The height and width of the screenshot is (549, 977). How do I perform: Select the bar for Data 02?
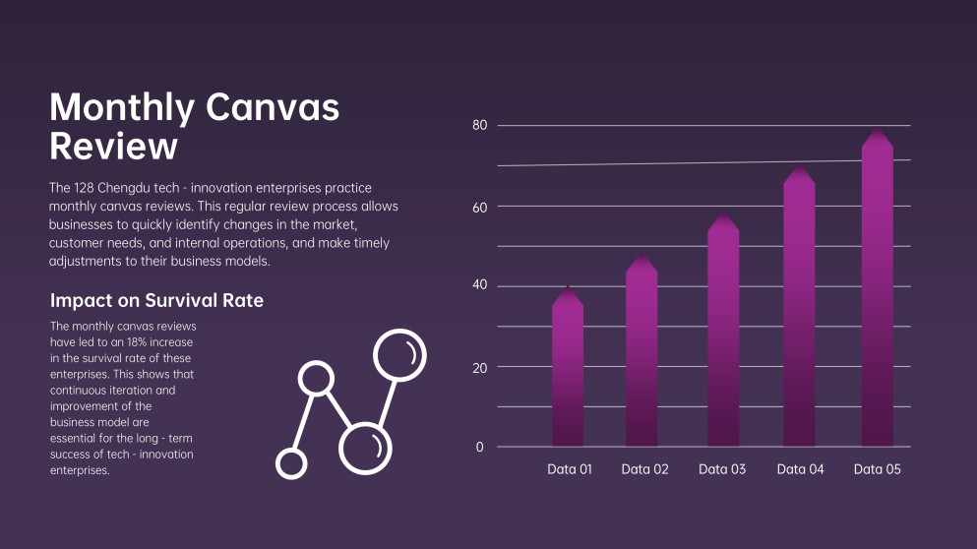click(641, 354)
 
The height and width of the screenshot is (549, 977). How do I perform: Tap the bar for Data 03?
click(723, 335)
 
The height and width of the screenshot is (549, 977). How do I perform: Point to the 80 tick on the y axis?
click(479, 125)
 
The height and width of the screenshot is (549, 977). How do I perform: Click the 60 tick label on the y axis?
click(479, 206)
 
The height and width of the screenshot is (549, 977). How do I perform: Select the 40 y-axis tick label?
click(479, 286)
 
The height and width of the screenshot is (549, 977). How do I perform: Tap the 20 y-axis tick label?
click(479, 367)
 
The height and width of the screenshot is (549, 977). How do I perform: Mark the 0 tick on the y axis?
click(480, 448)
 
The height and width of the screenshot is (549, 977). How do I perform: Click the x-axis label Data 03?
click(722, 469)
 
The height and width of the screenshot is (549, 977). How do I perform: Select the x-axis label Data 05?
click(877, 469)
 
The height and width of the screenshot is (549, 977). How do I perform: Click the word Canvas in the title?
click(272, 106)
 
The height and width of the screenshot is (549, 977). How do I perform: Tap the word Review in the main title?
click(113, 147)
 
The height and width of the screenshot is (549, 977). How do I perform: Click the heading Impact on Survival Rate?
click(156, 300)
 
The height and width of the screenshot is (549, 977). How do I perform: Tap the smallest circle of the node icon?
click(291, 463)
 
